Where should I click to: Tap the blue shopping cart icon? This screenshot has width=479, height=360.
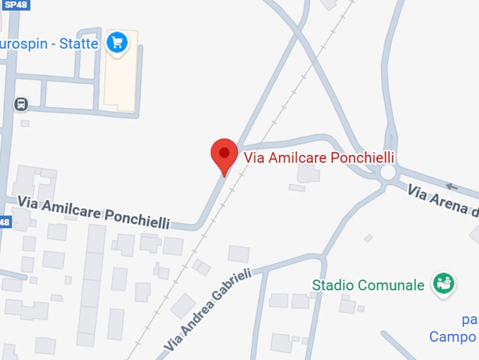[x=117, y=43]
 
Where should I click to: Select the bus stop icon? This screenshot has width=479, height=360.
[x=21, y=104]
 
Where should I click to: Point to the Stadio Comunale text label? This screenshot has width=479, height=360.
[x=368, y=285]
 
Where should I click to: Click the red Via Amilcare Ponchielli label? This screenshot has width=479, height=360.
[x=319, y=157]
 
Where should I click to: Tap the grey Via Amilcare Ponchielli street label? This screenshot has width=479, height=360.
[x=93, y=213]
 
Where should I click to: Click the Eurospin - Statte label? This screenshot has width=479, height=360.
[x=49, y=44]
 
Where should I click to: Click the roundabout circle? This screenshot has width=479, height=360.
[x=388, y=172]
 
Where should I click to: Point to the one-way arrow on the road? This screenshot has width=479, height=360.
[x=451, y=187]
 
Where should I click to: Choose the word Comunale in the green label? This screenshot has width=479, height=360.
[x=399, y=285]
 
